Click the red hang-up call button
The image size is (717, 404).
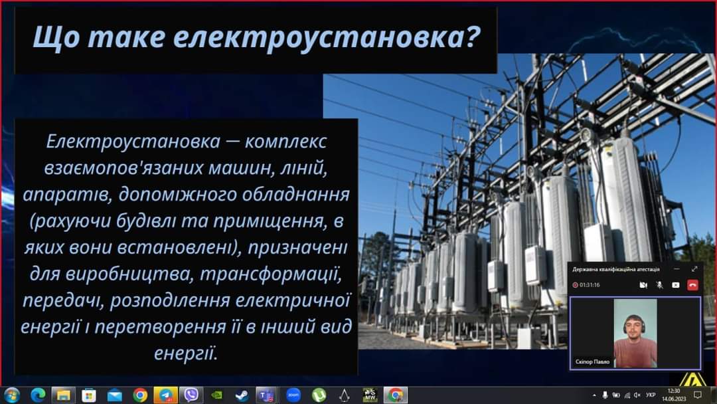[x=692, y=284]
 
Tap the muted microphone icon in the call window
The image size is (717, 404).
[x=659, y=284]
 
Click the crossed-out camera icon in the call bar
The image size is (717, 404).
[x=643, y=284]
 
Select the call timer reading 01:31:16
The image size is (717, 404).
[x=590, y=284]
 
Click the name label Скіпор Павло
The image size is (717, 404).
[x=593, y=361]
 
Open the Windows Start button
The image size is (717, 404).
[x=11, y=395]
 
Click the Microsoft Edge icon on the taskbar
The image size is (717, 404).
[x=38, y=395]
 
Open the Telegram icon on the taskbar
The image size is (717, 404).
[x=165, y=395]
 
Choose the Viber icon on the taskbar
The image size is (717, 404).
[x=191, y=395]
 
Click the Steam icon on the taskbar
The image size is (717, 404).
[x=242, y=395]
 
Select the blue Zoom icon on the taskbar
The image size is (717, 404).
[x=293, y=395]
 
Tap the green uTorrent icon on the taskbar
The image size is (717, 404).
[x=319, y=395]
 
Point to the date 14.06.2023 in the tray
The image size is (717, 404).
[x=674, y=399]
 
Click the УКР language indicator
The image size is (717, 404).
[x=651, y=395]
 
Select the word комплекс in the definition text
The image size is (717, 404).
[x=285, y=142]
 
